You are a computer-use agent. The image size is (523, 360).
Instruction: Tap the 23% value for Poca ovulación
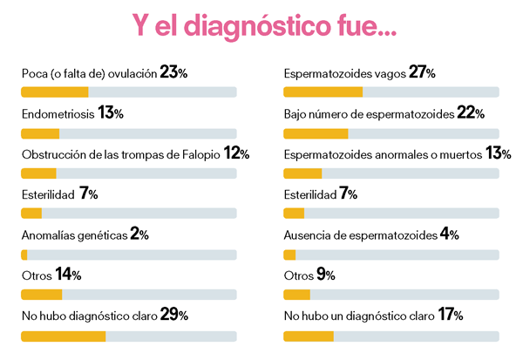click(174, 73)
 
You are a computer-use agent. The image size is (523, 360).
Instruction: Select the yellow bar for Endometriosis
click(40, 133)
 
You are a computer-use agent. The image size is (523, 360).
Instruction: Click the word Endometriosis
click(58, 113)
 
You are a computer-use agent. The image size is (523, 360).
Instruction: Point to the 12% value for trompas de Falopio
click(236, 153)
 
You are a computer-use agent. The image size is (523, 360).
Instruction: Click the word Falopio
click(200, 154)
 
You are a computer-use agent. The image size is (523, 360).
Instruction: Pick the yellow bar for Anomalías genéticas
click(24, 255)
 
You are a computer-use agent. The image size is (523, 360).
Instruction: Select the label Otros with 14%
click(36, 275)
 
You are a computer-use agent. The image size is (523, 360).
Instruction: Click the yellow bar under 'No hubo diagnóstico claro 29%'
click(63, 336)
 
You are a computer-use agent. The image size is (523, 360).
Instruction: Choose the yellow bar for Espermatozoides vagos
click(323, 92)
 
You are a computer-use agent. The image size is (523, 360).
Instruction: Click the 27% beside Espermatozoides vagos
click(422, 72)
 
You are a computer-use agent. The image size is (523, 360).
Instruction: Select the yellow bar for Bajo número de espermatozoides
click(316, 133)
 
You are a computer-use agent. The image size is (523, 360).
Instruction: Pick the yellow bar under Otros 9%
click(297, 295)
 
